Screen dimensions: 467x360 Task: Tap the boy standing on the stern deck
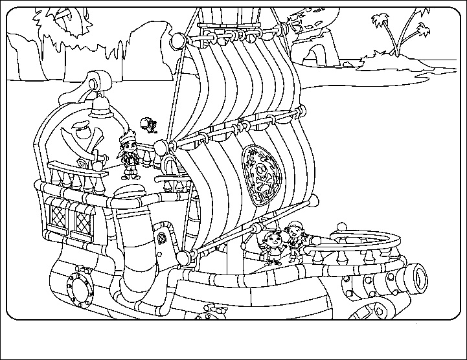[129, 155]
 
